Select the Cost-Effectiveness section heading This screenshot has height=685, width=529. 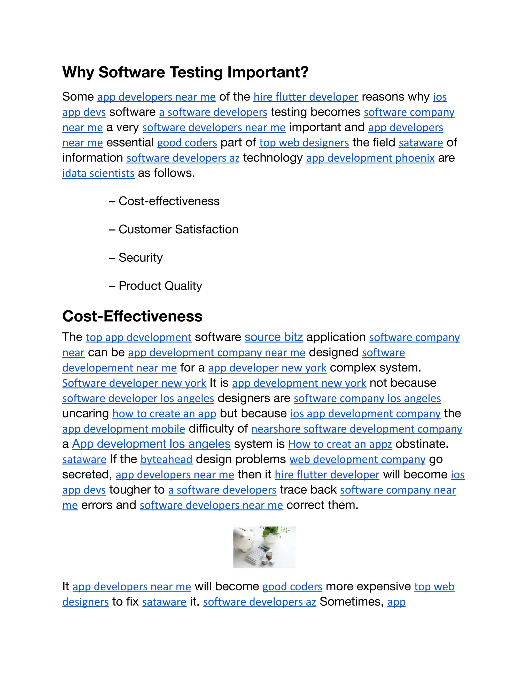pyautogui.click(x=132, y=316)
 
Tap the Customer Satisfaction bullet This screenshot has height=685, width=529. pyautogui.click(x=178, y=229)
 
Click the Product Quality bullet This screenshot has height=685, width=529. pyautogui.click(x=160, y=286)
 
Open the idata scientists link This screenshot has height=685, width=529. pyautogui.click(x=98, y=173)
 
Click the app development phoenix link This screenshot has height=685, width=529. pyautogui.click(x=370, y=158)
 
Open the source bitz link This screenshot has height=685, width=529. pyautogui.click(x=274, y=337)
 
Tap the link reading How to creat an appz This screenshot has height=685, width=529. pyautogui.click(x=340, y=444)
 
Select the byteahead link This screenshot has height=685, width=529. pyautogui.click(x=166, y=460)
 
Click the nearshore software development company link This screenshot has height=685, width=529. pyautogui.click(x=357, y=429)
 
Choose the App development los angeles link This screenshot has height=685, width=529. pyautogui.click(x=151, y=444)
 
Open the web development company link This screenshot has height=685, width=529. pyautogui.click(x=357, y=460)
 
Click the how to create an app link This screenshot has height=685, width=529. pyautogui.click(x=164, y=414)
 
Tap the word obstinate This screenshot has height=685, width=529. pyautogui.click(x=422, y=444)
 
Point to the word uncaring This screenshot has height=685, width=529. pyautogui.click(x=85, y=414)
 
